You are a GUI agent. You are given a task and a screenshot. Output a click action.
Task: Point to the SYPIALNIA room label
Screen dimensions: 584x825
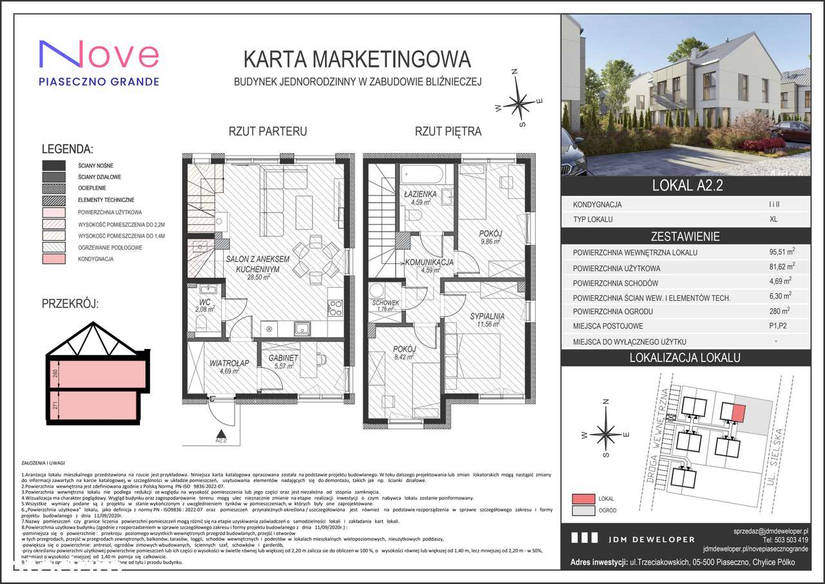[x=486, y=316]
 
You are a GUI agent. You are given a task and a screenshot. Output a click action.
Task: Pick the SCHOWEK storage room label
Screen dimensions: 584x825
[x=386, y=303]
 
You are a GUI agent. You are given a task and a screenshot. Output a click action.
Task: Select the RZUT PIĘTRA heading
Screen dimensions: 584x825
[x=447, y=132]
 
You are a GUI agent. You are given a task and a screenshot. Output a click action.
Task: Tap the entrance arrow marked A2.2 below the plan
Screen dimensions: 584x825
[x=221, y=436]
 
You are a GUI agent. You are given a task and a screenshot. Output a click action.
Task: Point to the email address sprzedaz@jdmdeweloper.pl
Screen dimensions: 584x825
[x=771, y=530]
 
